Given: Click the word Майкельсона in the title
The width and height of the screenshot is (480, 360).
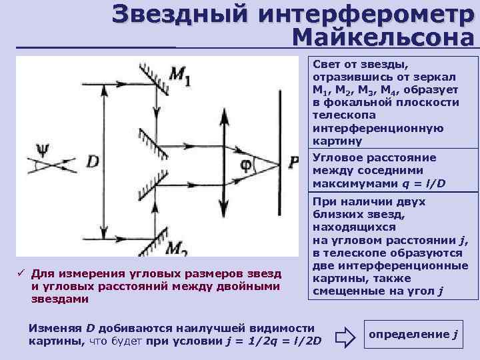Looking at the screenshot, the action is tap(383, 37).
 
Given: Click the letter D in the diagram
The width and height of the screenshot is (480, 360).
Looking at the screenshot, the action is tap(93, 161).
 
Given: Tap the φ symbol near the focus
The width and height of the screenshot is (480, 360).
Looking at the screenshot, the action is tap(245, 162).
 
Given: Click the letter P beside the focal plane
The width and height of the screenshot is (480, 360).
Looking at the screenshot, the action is tap(294, 162).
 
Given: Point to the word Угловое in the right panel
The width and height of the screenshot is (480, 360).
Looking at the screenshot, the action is tap(335, 158).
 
